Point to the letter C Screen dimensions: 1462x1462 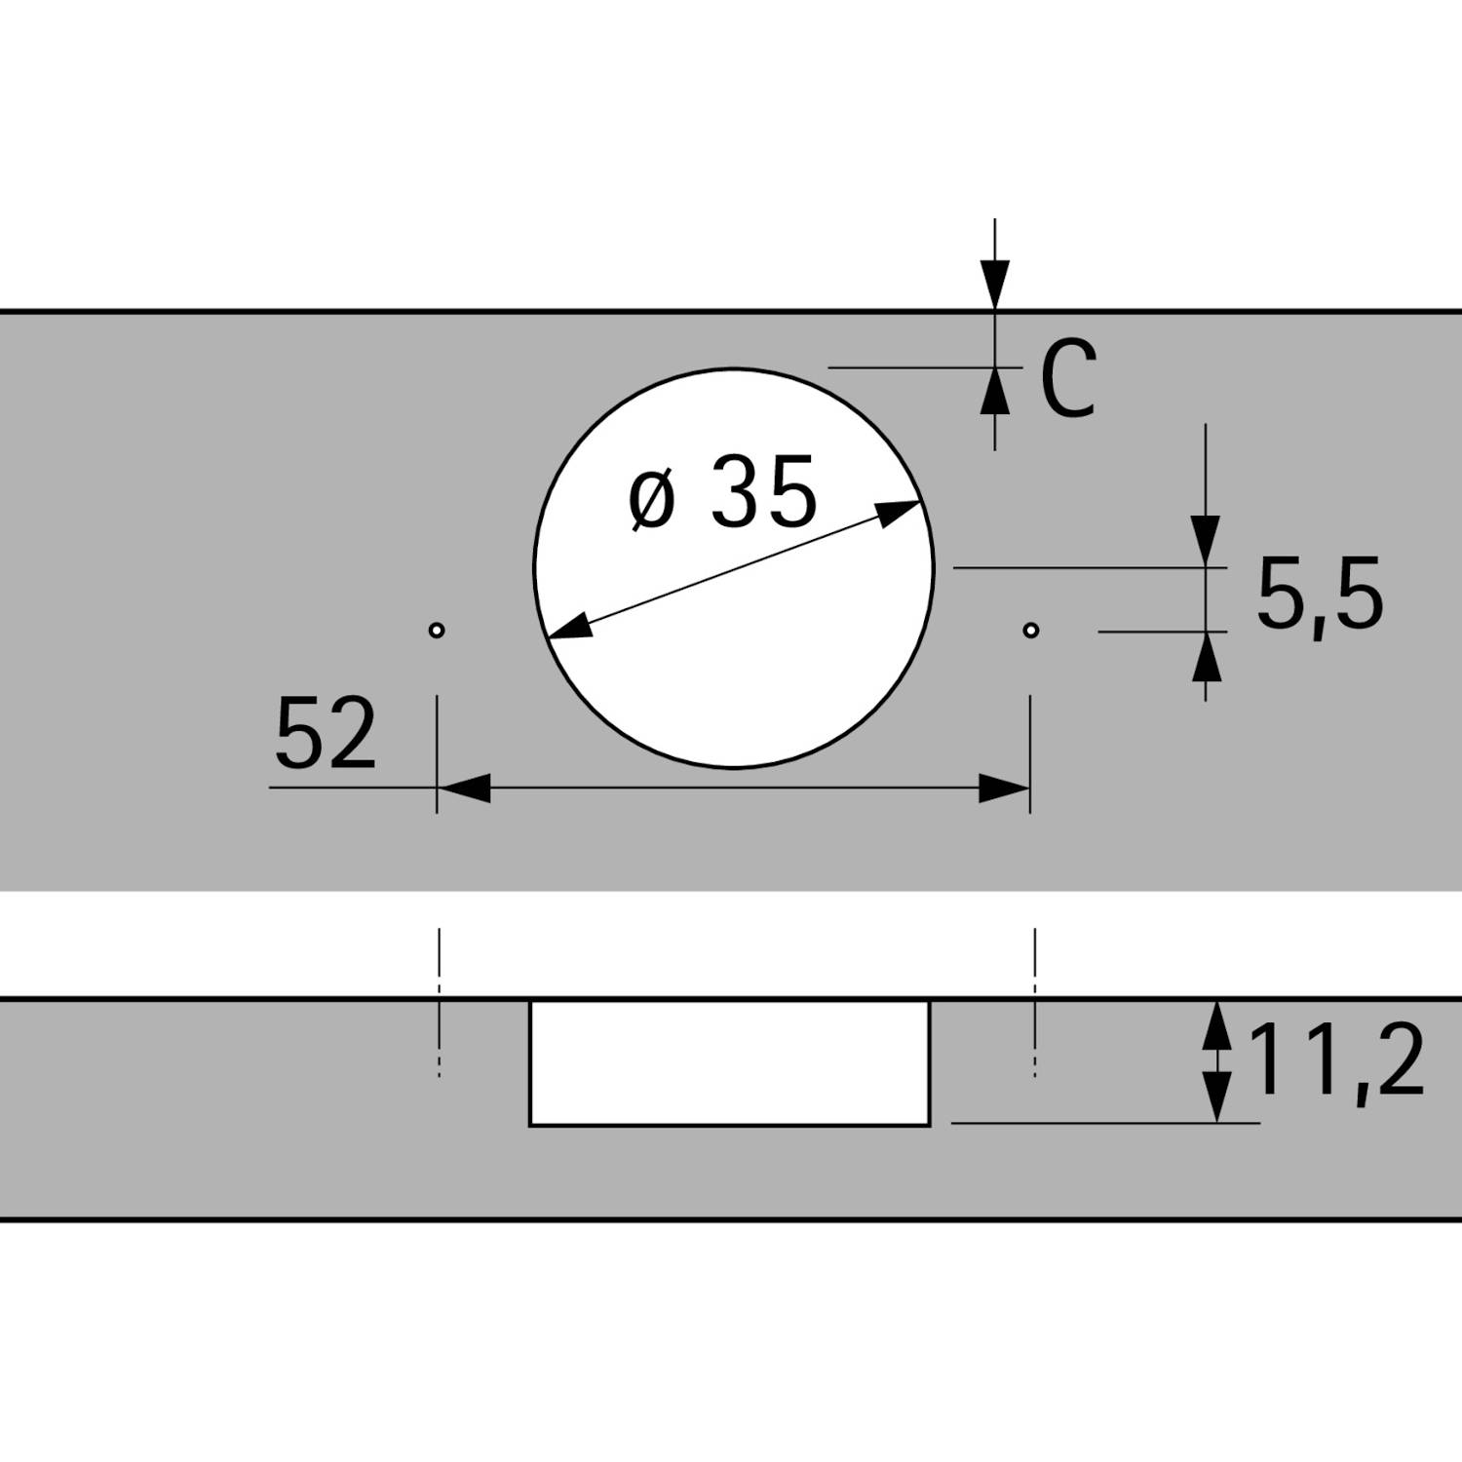coord(1068,381)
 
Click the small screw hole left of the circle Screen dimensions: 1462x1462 coord(437,630)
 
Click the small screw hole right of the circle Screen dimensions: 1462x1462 coord(1031,630)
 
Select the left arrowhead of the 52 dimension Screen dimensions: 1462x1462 coord(464,789)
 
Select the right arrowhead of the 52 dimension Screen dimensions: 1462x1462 coord(1004,789)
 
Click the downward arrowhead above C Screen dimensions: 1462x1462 coord(995,287)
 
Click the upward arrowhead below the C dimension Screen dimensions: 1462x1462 coord(995,391)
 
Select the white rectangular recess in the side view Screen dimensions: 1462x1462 coord(729,1062)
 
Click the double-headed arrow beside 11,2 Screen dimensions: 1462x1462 coord(1214,1061)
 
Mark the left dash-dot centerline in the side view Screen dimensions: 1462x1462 coord(440,1004)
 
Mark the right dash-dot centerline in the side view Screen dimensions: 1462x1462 coord(1035,1004)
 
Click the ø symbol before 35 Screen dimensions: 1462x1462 coord(652,500)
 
